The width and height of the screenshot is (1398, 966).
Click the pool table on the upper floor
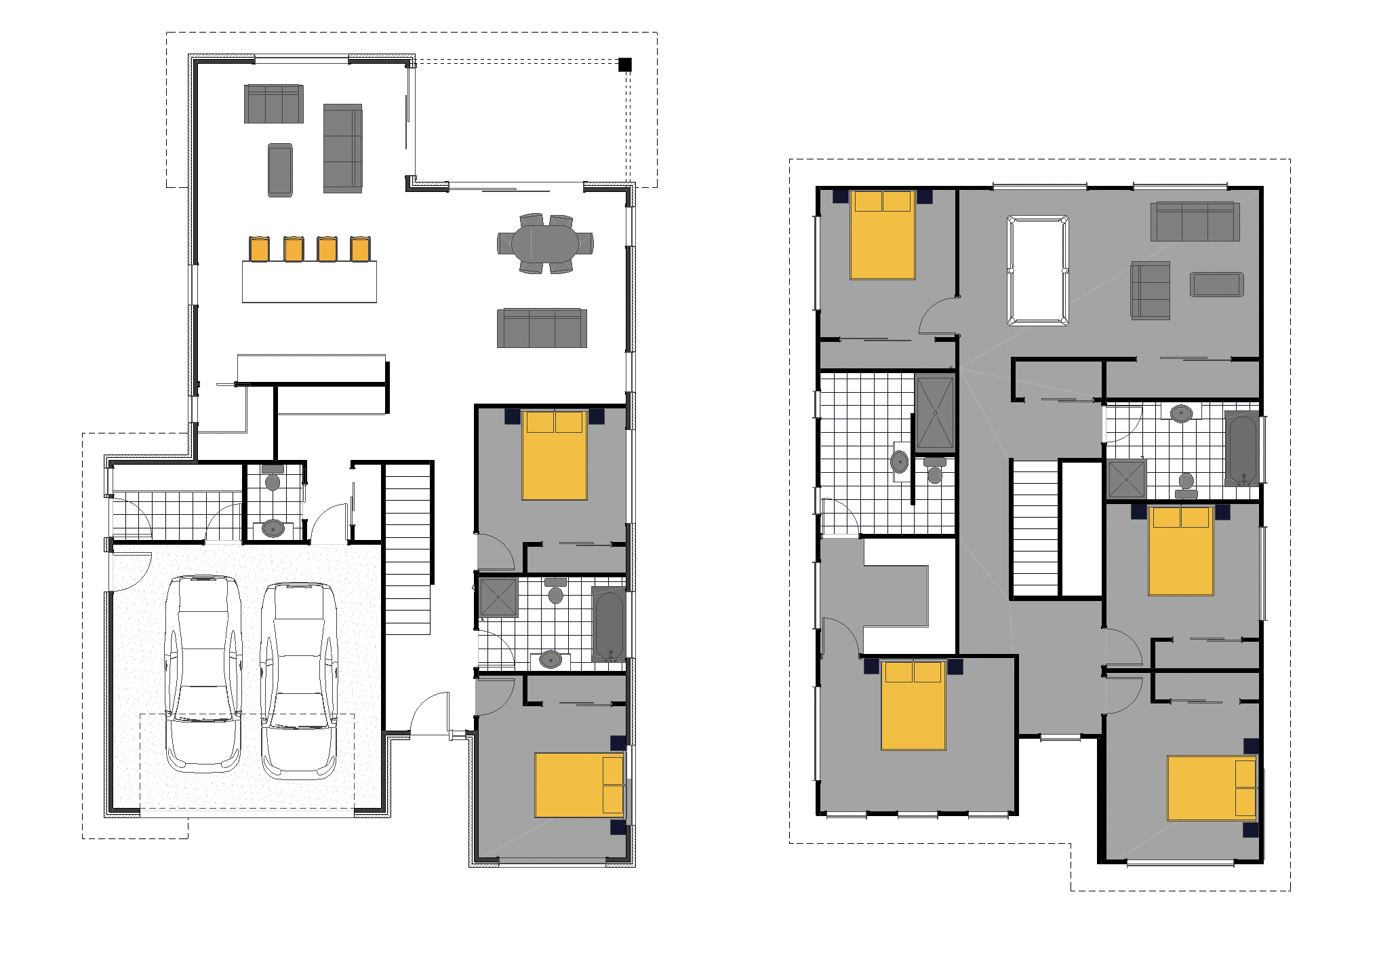coord(1037,271)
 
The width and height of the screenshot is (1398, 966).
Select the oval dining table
coord(545,241)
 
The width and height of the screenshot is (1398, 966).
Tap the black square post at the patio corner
coord(624,65)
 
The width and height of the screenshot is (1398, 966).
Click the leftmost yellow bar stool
coord(259,249)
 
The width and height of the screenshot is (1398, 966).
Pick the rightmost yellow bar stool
coord(360,249)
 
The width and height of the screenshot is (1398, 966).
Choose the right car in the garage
coord(298,679)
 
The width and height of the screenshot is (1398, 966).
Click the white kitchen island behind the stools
coord(309,282)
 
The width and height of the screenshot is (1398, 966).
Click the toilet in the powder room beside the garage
coord(273,479)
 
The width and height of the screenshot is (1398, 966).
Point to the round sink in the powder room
coord(273,527)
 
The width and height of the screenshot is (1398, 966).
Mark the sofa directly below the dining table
coord(542,328)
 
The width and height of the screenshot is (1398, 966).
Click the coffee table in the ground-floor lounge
coord(280,170)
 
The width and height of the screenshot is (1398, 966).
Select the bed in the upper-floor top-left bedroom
coord(881,235)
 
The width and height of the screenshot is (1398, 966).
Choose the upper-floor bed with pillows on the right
coord(1212,788)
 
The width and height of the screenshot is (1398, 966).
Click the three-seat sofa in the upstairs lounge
coord(1195,221)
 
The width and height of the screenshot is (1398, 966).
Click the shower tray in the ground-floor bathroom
coord(498,597)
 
